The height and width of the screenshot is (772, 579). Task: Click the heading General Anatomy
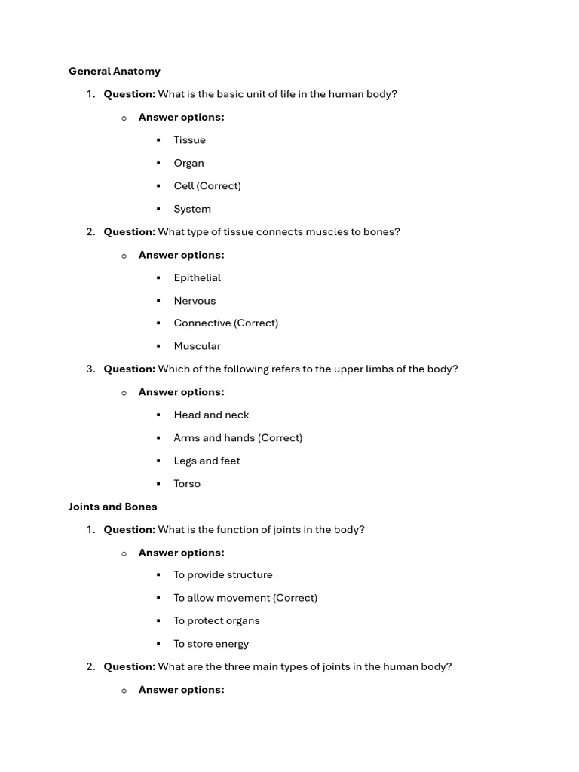pyautogui.click(x=115, y=72)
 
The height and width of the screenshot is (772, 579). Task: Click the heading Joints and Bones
pyautogui.click(x=113, y=507)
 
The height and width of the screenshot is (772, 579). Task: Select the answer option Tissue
pyautogui.click(x=189, y=140)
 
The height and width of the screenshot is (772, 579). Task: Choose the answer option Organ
pyautogui.click(x=188, y=163)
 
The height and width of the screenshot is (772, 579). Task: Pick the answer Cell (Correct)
pyautogui.click(x=207, y=186)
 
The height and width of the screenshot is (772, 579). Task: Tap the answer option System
pyautogui.click(x=192, y=209)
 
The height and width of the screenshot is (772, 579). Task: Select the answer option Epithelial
pyautogui.click(x=197, y=277)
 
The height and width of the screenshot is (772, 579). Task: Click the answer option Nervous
pyautogui.click(x=195, y=301)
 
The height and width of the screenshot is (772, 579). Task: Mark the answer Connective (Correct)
pyautogui.click(x=225, y=323)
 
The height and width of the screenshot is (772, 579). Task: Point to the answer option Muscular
pyautogui.click(x=197, y=346)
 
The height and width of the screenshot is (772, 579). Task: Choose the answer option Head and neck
pyautogui.click(x=211, y=415)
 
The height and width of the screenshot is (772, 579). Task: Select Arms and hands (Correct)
pyautogui.click(x=237, y=438)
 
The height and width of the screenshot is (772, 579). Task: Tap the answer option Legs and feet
pyautogui.click(x=207, y=461)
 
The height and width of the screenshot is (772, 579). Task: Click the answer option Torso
pyautogui.click(x=187, y=484)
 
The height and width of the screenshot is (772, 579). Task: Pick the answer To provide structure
pyautogui.click(x=223, y=575)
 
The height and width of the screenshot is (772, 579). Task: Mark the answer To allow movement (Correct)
pyautogui.click(x=245, y=598)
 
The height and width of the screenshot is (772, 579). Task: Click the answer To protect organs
pyautogui.click(x=216, y=621)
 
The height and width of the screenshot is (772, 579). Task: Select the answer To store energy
pyautogui.click(x=211, y=644)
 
